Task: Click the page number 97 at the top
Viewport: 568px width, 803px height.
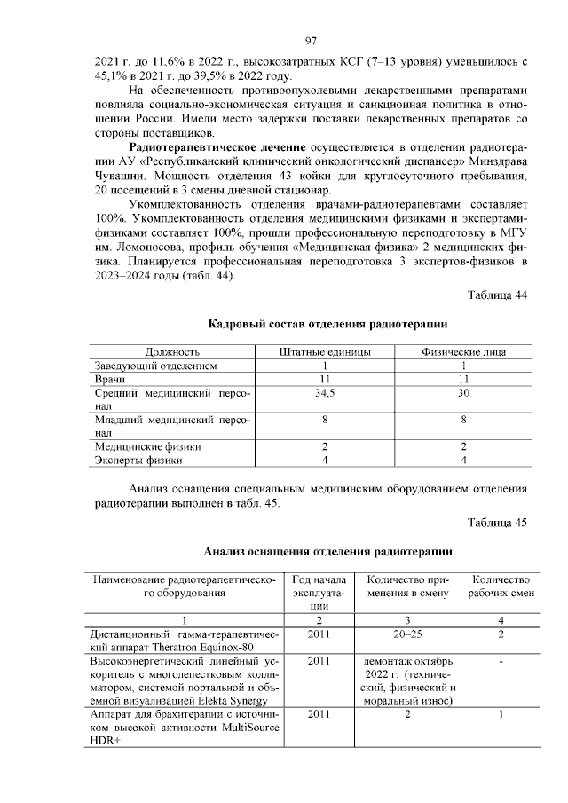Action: [x=311, y=41]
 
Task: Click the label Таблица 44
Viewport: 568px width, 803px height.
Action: [x=497, y=295]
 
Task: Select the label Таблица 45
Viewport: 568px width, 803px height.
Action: [x=497, y=522]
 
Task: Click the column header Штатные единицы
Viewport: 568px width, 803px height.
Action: [x=325, y=351]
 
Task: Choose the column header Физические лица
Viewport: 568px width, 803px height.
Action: [x=463, y=351]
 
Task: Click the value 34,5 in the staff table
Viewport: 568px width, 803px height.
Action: [x=325, y=391]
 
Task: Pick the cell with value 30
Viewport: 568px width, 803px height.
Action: [x=463, y=391]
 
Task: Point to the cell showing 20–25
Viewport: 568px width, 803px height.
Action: [x=407, y=634]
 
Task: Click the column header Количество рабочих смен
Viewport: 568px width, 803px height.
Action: [x=501, y=586]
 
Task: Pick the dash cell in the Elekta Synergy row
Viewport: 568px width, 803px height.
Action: [x=501, y=661]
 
